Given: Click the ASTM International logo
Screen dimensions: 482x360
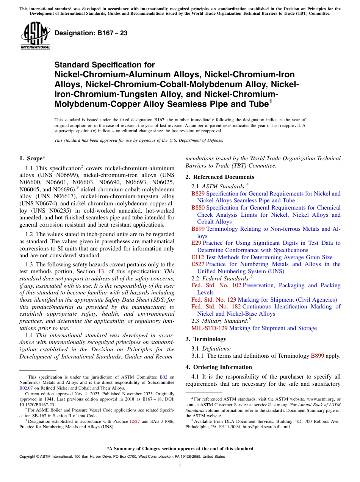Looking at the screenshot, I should point(35,36).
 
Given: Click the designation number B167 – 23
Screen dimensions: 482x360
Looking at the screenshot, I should point(91,33).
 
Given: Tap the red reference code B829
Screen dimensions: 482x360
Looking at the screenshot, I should point(198,194).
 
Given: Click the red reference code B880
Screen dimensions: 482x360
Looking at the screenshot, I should point(198,208).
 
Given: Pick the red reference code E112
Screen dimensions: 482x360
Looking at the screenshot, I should point(198,257).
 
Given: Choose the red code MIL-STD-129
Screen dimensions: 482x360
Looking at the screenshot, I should point(210,328).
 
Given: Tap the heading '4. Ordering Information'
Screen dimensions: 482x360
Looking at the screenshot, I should point(219,367).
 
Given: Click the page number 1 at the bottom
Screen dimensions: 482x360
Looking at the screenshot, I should point(180,466).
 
